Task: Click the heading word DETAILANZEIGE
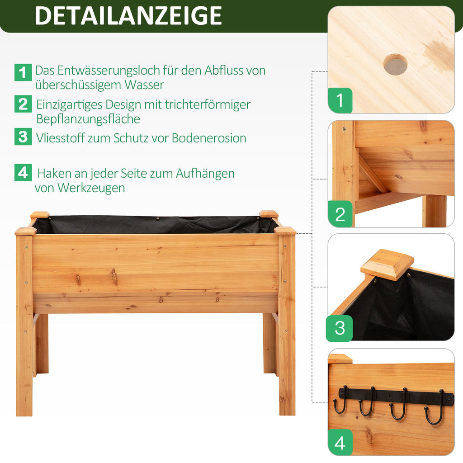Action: pyautogui.click(x=128, y=16)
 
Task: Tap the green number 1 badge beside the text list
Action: pyautogui.click(x=23, y=72)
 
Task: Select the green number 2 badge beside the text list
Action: pyautogui.click(x=23, y=104)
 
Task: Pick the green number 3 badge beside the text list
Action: pyautogui.click(x=23, y=137)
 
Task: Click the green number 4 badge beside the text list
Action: pyautogui.click(x=23, y=172)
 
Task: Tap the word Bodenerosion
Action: pyautogui.click(x=209, y=138)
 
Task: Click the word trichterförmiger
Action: pyautogui.click(x=208, y=104)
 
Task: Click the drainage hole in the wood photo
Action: pyautogui.click(x=395, y=64)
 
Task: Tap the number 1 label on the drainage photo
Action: pyautogui.click(x=340, y=100)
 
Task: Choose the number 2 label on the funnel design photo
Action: pyautogui.click(x=340, y=214)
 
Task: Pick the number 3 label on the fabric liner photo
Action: pyautogui.click(x=340, y=328)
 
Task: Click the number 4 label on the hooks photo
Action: pyautogui.click(x=340, y=442)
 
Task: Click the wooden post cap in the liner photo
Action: pyautogui.click(x=387, y=264)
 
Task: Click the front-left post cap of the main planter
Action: pyautogui.click(x=26, y=231)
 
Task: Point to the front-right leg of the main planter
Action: pyautogui.click(x=287, y=325)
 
